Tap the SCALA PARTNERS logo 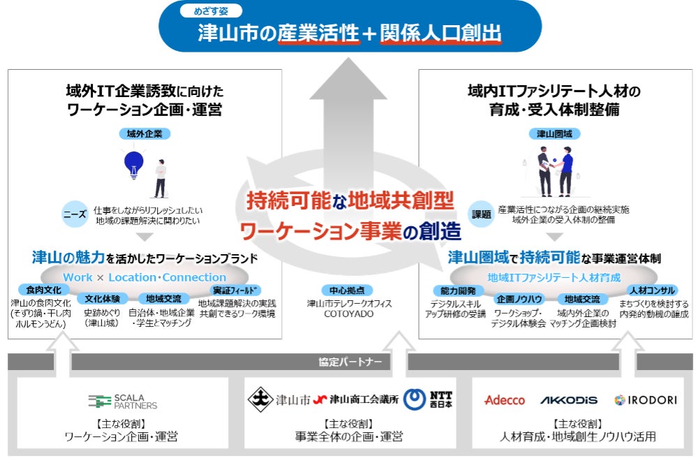coord(123,401)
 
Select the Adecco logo coord(504,400)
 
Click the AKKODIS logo coord(569,400)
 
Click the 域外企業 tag coord(145,133)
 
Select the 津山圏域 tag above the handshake coord(558,133)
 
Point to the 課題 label coord(482,214)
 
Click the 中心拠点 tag coord(348,290)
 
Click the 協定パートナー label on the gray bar coord(347,362)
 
